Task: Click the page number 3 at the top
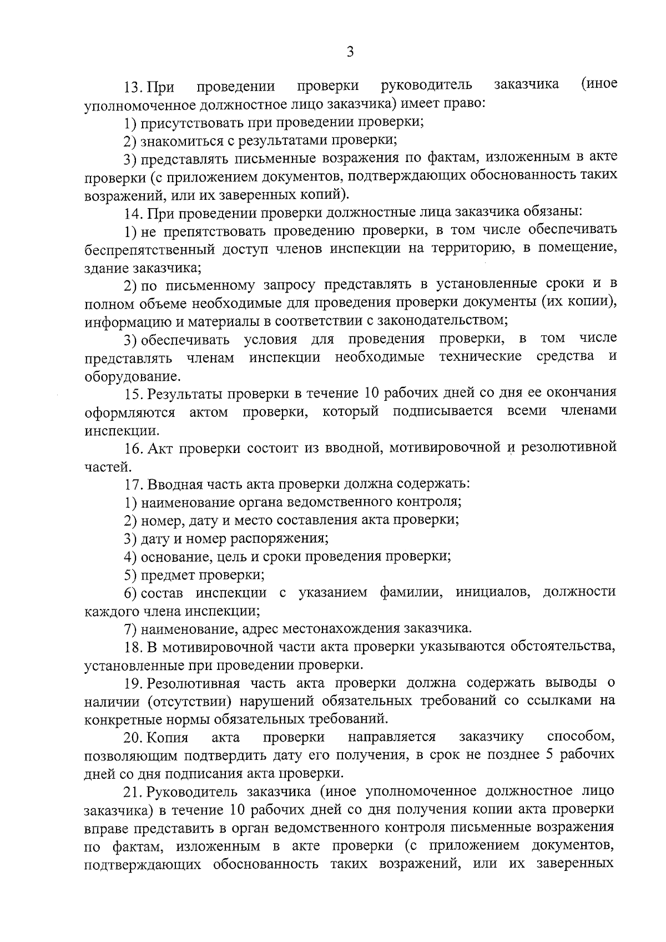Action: pyautogui.click(x=350, y=52)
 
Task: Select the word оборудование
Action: pyautogui.click(x=132, y=376)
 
